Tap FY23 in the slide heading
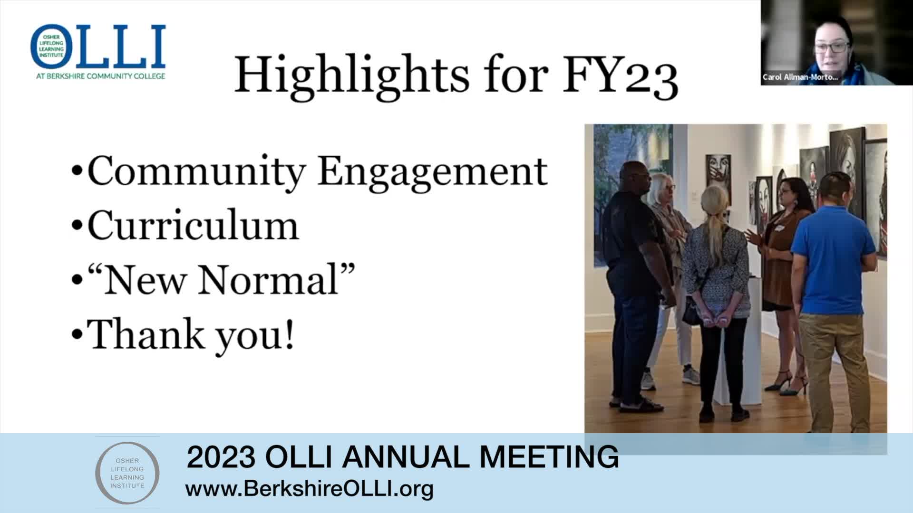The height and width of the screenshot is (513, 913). pyautogui.click(x=620, y=76)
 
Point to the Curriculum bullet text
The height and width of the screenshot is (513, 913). pyautogui.click(x=193, y=225)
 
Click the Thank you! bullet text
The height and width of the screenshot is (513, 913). pyautogui.click(x=191, y=335)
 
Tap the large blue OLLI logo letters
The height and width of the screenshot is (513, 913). pyautogui.click(x=98, y=47)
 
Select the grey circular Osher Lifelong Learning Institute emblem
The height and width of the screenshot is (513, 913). pyautogui.click(x=127, y=472)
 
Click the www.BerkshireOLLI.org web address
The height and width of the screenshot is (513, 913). pyautogui.click(x=310, y=489)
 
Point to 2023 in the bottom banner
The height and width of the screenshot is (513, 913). pyautogui.click(x=221, y=457)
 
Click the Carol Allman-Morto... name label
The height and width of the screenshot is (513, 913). pyautogui.click(x=800, y=77)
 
